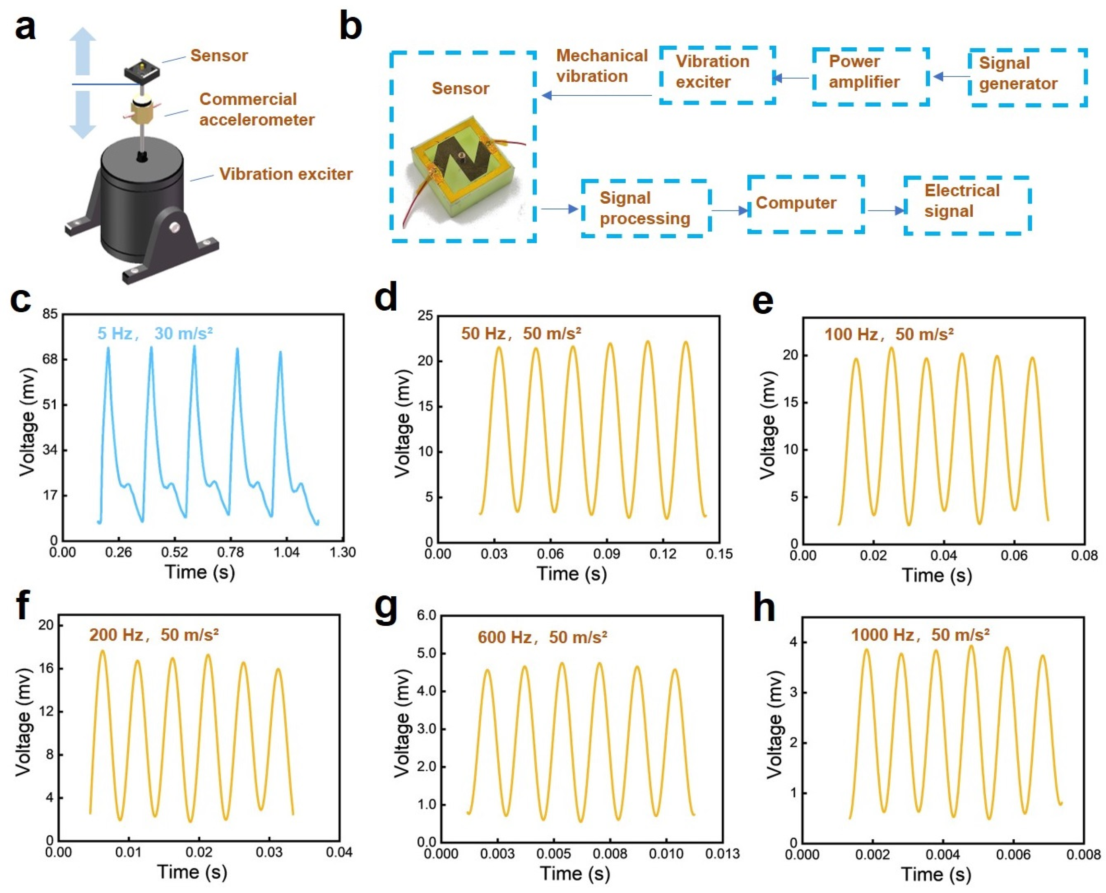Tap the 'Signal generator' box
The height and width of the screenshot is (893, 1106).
pos(1027,77)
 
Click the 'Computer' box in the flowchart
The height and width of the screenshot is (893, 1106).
pos(805,204)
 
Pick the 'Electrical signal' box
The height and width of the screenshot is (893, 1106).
pos(967,205)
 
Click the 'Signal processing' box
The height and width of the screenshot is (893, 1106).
pos(646,208)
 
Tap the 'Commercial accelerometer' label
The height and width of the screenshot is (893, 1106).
pos(256,109)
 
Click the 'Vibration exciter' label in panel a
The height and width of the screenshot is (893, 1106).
pos(286,174)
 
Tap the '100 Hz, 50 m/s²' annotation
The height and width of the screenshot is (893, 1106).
pos(889,335)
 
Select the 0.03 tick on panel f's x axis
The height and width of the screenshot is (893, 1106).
pos(269,852)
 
